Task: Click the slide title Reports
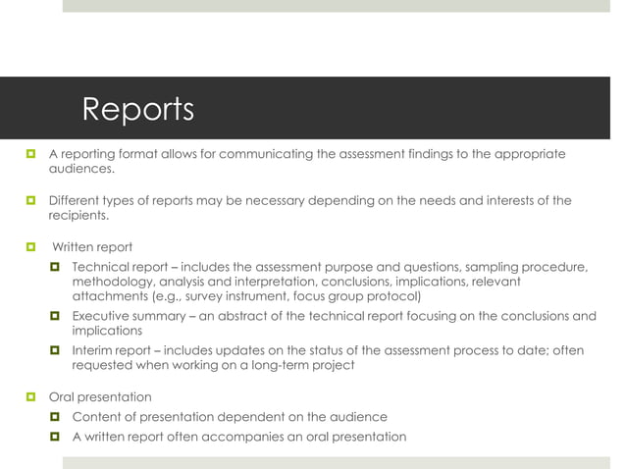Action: pos(137,109)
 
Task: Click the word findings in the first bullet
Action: pos(414,154)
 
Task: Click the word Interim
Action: pos(96,350)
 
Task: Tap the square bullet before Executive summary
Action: pos(56,316)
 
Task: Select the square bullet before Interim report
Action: pos(56,350)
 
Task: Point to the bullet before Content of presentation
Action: pos(56,417)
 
